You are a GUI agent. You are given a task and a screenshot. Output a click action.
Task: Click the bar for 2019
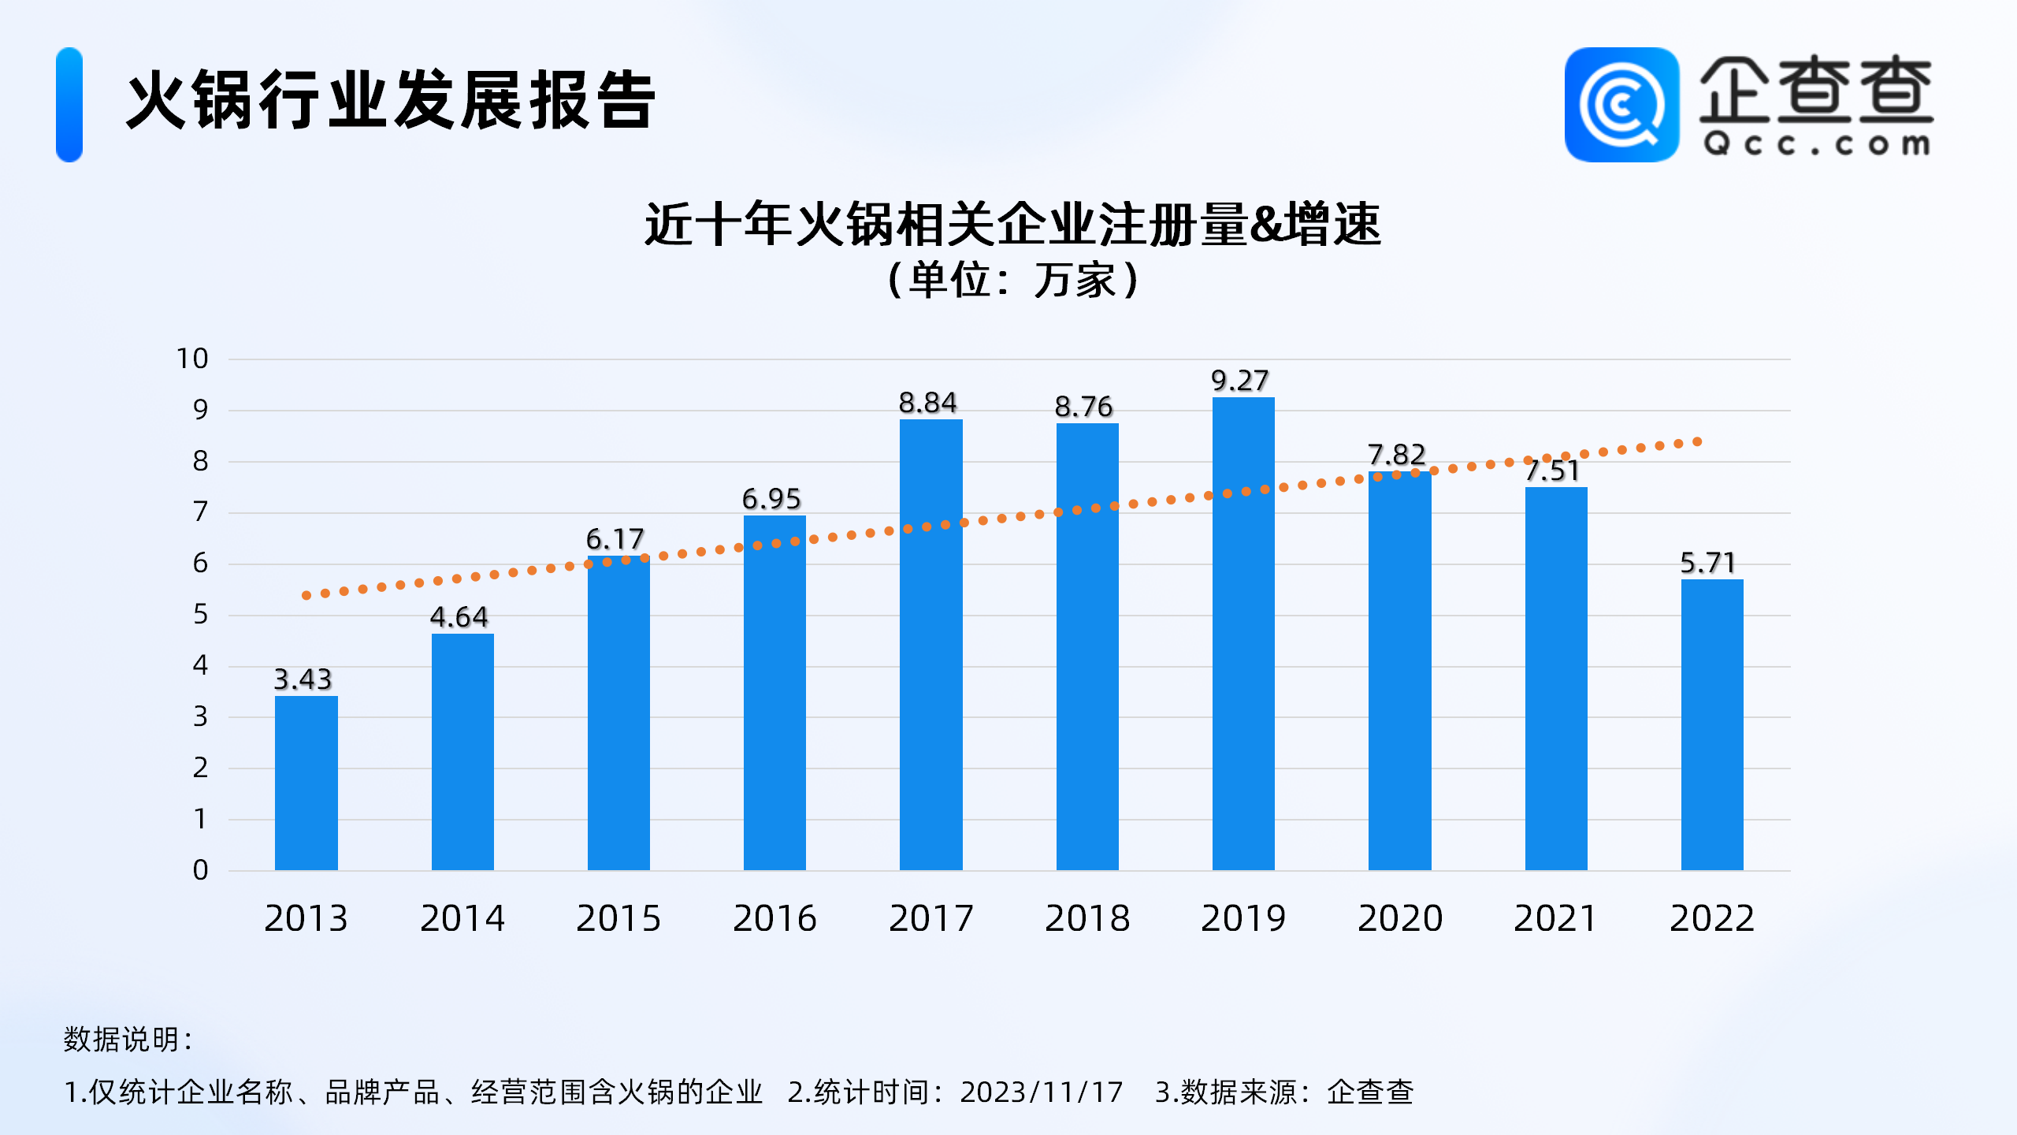[1243, 634]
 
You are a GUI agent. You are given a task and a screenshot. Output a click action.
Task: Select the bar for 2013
[306, 783]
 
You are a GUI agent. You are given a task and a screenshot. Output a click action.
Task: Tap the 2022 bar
[1711, 725]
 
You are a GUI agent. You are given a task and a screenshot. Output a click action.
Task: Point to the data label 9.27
[1239, 381]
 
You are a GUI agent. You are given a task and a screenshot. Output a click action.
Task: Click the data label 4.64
[459, 617]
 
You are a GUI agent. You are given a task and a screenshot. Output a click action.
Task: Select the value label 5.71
[1707, 563]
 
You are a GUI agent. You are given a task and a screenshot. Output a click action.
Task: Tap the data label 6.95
[771, 499]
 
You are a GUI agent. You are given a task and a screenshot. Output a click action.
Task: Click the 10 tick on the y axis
[191, 359]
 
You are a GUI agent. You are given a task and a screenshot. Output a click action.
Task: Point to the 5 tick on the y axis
[200, 615]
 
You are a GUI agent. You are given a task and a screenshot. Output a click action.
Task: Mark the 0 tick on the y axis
[200, 870]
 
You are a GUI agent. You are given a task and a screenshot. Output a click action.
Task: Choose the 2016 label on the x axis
[774, 918]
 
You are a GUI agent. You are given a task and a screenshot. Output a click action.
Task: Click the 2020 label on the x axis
[1399, 918]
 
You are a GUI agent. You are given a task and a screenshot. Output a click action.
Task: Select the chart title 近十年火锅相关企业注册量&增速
[1012, 225]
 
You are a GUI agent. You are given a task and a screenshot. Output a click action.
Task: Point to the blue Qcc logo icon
[1621, 105]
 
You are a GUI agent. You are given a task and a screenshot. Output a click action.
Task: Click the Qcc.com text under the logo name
[1816, 144]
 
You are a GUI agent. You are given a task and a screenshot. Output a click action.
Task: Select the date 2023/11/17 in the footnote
[1041, 1092]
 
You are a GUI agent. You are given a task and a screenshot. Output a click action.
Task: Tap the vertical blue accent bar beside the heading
[69, 105]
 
